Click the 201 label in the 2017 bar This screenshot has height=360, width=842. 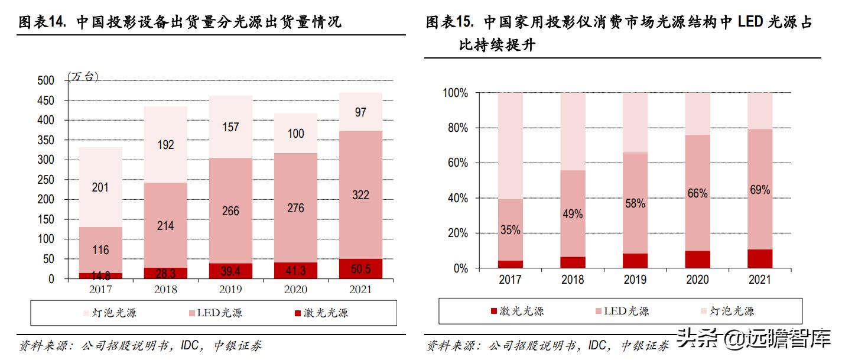100,187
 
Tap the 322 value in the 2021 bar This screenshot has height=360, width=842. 360,195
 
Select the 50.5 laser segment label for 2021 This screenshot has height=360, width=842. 360,270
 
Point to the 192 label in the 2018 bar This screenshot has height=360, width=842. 165,144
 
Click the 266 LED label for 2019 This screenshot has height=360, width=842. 230,211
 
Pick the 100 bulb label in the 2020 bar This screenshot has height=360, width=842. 295,134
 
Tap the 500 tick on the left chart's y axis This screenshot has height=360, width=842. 45,80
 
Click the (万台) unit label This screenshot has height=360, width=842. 83,77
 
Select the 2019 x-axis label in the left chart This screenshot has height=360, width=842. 230,290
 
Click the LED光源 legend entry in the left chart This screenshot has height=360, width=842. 216,313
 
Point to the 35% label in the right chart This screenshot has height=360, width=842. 510,230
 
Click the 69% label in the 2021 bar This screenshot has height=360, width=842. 760,190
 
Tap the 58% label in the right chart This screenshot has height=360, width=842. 635,203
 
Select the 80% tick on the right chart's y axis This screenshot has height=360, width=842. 455,128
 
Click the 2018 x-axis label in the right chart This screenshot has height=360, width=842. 573,280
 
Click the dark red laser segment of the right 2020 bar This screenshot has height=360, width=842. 697,259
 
